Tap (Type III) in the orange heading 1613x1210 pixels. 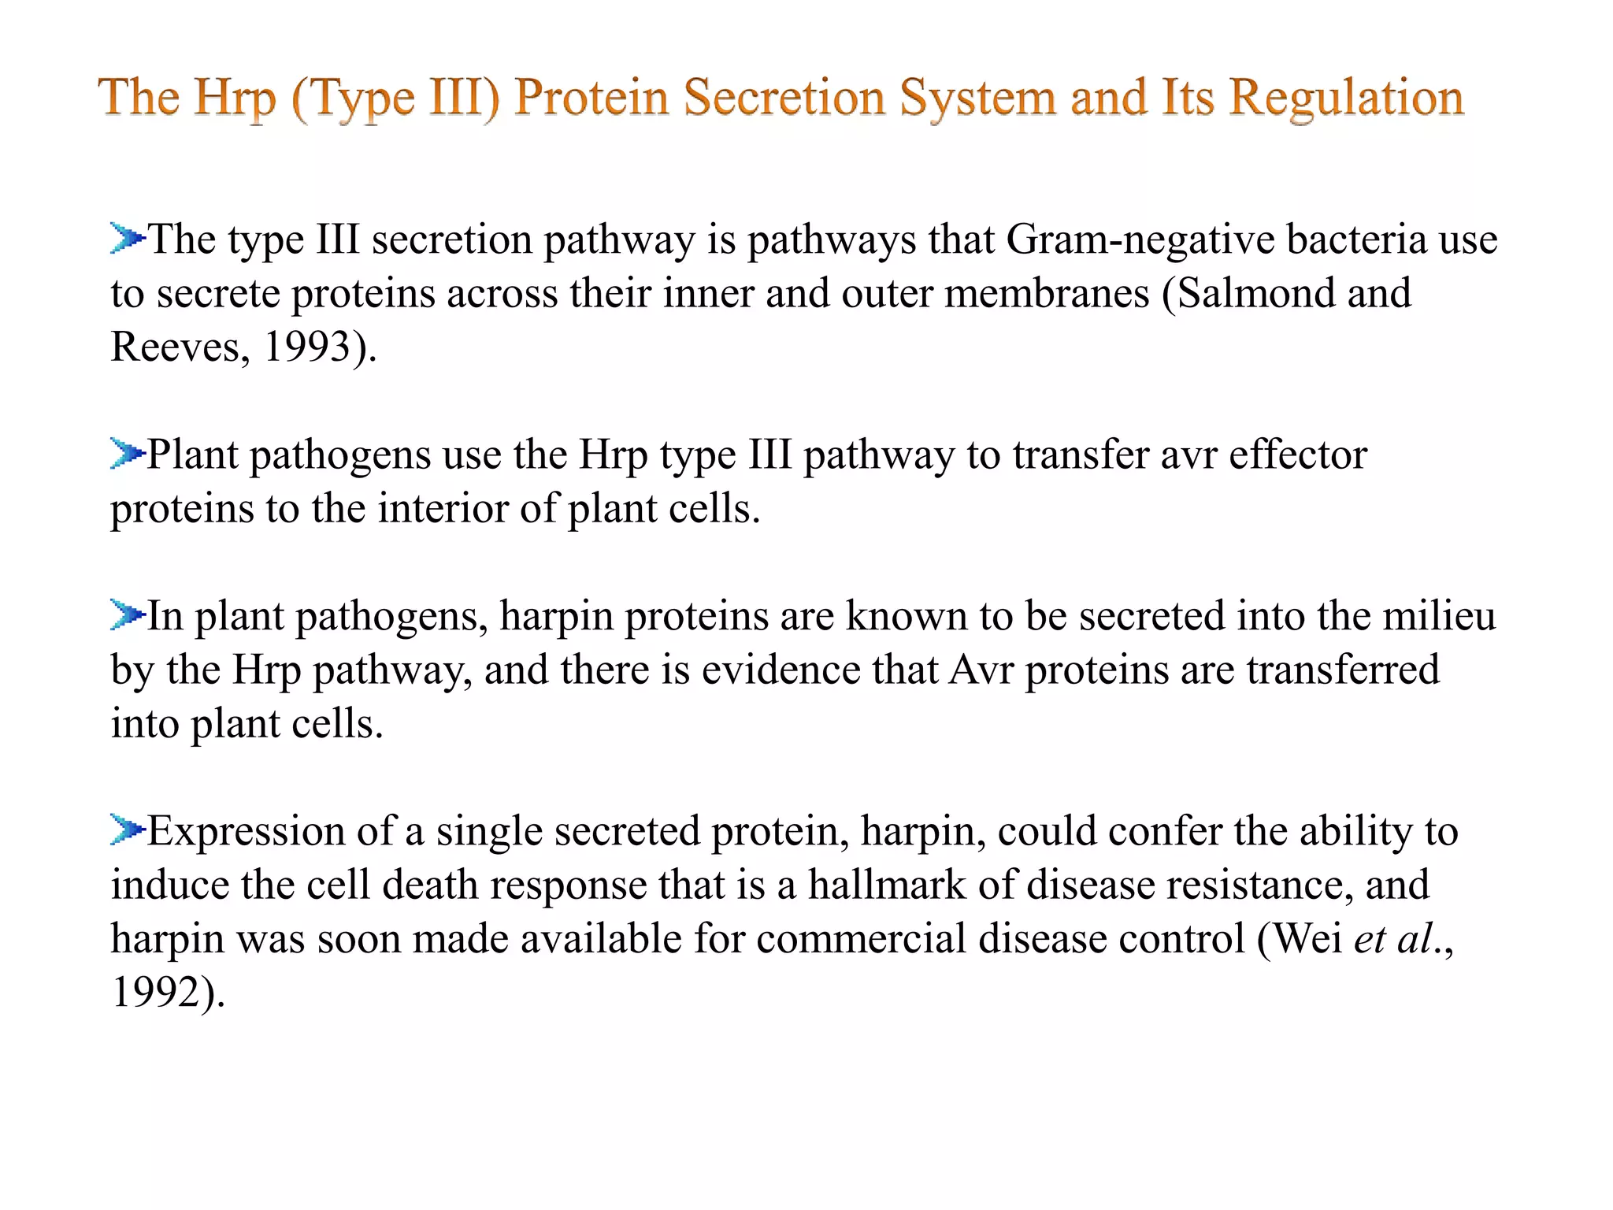click(x=395, y=98)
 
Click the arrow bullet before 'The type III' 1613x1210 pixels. click(x=127, y=238)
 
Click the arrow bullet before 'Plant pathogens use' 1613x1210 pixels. click(x=127, y=454)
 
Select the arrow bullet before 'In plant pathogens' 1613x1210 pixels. click(x=127, y=615)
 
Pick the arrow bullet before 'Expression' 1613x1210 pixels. click(x=127, y=830)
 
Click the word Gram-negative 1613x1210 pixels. click(x=1140, y=239)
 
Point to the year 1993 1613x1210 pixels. click(x=306, y=347)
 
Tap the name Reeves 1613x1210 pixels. click(x=175, y=347)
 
